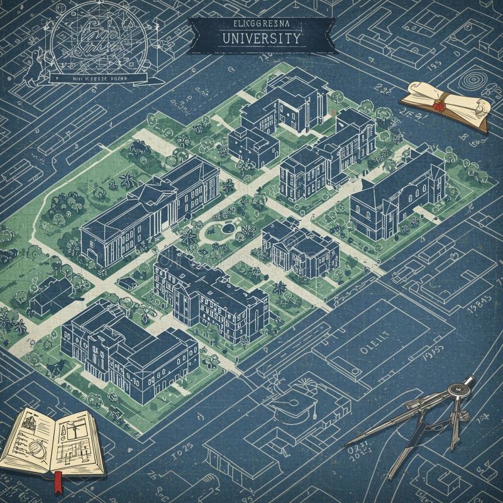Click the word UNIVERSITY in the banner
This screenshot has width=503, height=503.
pos(262,38)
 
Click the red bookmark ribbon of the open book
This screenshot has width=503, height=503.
pos(58,481)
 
